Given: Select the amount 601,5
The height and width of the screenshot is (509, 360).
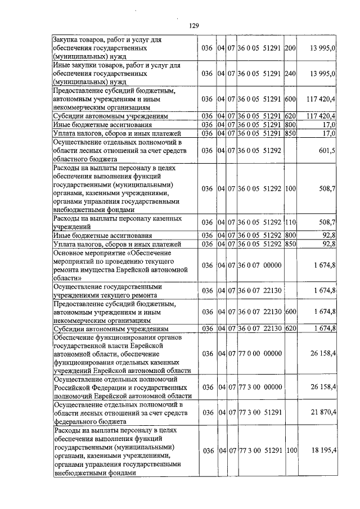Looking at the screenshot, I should [326, 150].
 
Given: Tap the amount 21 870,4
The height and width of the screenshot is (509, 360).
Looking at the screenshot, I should [323, 413].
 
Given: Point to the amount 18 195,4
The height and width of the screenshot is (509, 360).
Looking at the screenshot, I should [323, 451].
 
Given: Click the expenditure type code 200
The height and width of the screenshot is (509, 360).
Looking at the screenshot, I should [290, 49].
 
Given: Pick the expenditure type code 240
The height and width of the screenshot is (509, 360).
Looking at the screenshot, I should [290, 74].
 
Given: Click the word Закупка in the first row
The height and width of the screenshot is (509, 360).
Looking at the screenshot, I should [66, 40].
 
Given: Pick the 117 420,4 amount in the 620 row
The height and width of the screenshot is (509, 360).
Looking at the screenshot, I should [321, 116].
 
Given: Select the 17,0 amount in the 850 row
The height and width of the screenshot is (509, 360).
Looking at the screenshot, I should [330, 133].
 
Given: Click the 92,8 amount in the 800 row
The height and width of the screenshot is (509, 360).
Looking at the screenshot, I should [329, 235].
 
